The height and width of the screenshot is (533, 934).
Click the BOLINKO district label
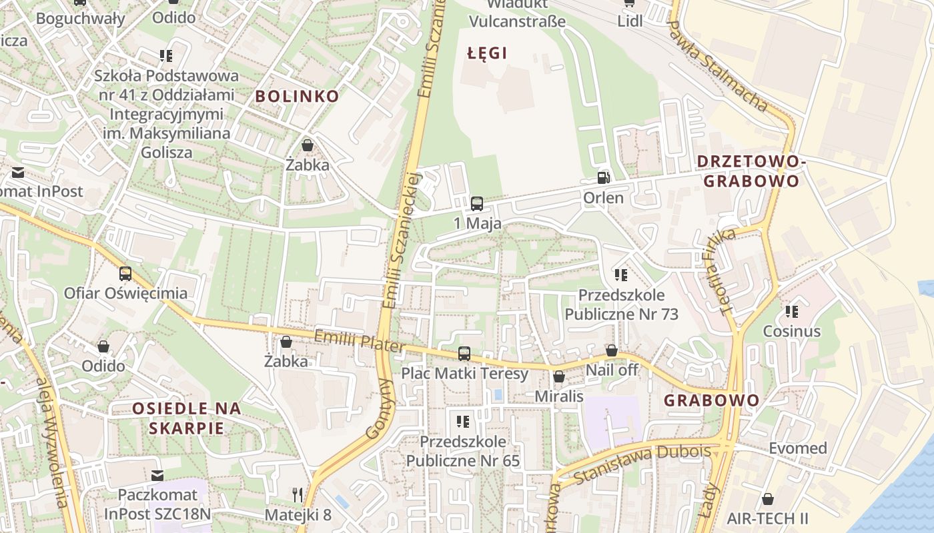pyautogui.click(x=297, y=96)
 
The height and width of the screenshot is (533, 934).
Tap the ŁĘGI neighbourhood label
pyautogui.click(x=487, y=53)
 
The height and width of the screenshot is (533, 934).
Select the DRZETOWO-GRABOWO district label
pyautogui.click(x=751, y=171)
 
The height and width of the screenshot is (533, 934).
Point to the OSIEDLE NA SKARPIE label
pyautogui.click(x=186, y=418)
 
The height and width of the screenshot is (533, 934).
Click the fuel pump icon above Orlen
pyautogui.click(x=603, y=178)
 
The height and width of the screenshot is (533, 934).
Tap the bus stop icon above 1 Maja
pyautogui.click(x=476, y=203)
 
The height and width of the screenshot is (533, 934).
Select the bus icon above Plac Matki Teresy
pyautogui.click(x=464, y=354)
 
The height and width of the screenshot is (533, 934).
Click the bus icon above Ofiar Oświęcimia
pyautogui.click(x=125, y=273)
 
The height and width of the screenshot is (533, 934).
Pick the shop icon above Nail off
pyautogui.click(x=611, y=350)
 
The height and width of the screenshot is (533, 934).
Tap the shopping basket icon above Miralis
pyautogui.click(x=559, y=377)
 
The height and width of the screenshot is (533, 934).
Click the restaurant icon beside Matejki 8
pyautogui.click(x=298, y=494)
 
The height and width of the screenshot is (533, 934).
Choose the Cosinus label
pyautogui.click(x=791, y=331)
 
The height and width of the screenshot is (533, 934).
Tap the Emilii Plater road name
pyautogui.click(x=359, y=342)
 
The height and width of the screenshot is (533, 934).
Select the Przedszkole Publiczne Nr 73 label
pyautogui.click(x=621, y=304)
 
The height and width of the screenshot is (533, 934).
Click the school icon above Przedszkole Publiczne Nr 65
pyautogui.click(x=463, y=421)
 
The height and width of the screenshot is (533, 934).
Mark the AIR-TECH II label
pyautogui.click(x=767, y=518)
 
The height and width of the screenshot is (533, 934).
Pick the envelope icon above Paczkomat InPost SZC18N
pyautogui.click(x=157, y=475)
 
